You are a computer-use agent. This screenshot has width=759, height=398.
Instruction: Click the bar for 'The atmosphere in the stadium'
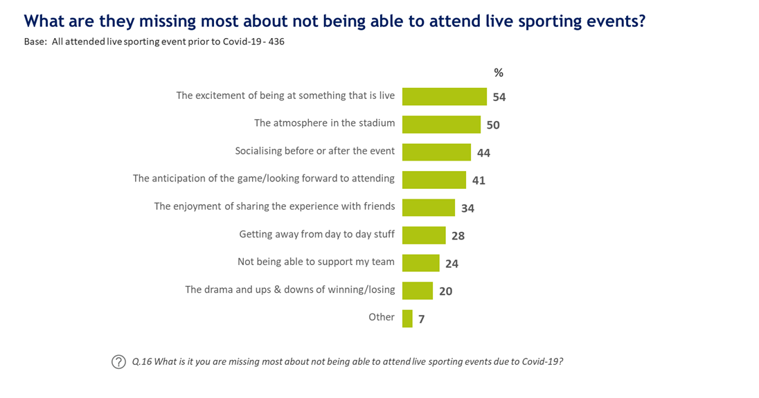(x=441, y=124)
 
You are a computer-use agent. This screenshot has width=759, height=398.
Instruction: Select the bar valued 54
(x=444, y=96)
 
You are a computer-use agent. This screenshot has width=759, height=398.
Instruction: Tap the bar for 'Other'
(x=407, y=318)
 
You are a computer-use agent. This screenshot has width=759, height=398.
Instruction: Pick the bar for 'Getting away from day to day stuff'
(x=424, y=235)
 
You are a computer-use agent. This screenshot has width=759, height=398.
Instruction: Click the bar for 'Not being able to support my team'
(x=420, y=262)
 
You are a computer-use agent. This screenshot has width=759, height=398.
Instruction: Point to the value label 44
(x=483, y=153)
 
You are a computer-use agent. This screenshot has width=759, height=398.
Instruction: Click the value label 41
(x=479, y=181)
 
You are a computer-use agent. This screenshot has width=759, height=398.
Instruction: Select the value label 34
(x=467, y=208)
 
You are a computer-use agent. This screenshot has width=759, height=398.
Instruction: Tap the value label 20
(x=445, y=291)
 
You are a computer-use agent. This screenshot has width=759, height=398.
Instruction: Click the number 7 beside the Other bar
(x=421, y=319)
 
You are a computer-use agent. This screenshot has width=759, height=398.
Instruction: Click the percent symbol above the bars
(x=498, y=73)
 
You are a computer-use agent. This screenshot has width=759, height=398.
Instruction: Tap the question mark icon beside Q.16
(x=119, y=362)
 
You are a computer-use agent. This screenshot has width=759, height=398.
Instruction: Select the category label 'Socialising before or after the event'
(x=315, y=151)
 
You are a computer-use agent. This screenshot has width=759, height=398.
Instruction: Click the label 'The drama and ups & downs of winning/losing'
(x=289, y=289)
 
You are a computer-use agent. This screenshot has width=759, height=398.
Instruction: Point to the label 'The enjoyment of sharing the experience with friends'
(x=274, y=206)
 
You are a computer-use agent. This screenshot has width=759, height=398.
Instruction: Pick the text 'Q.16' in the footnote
(x=142, y=362)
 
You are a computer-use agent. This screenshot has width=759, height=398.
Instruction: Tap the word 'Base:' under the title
(x=35, y=42)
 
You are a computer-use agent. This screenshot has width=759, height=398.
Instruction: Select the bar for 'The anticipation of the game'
(x=434, y=179)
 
